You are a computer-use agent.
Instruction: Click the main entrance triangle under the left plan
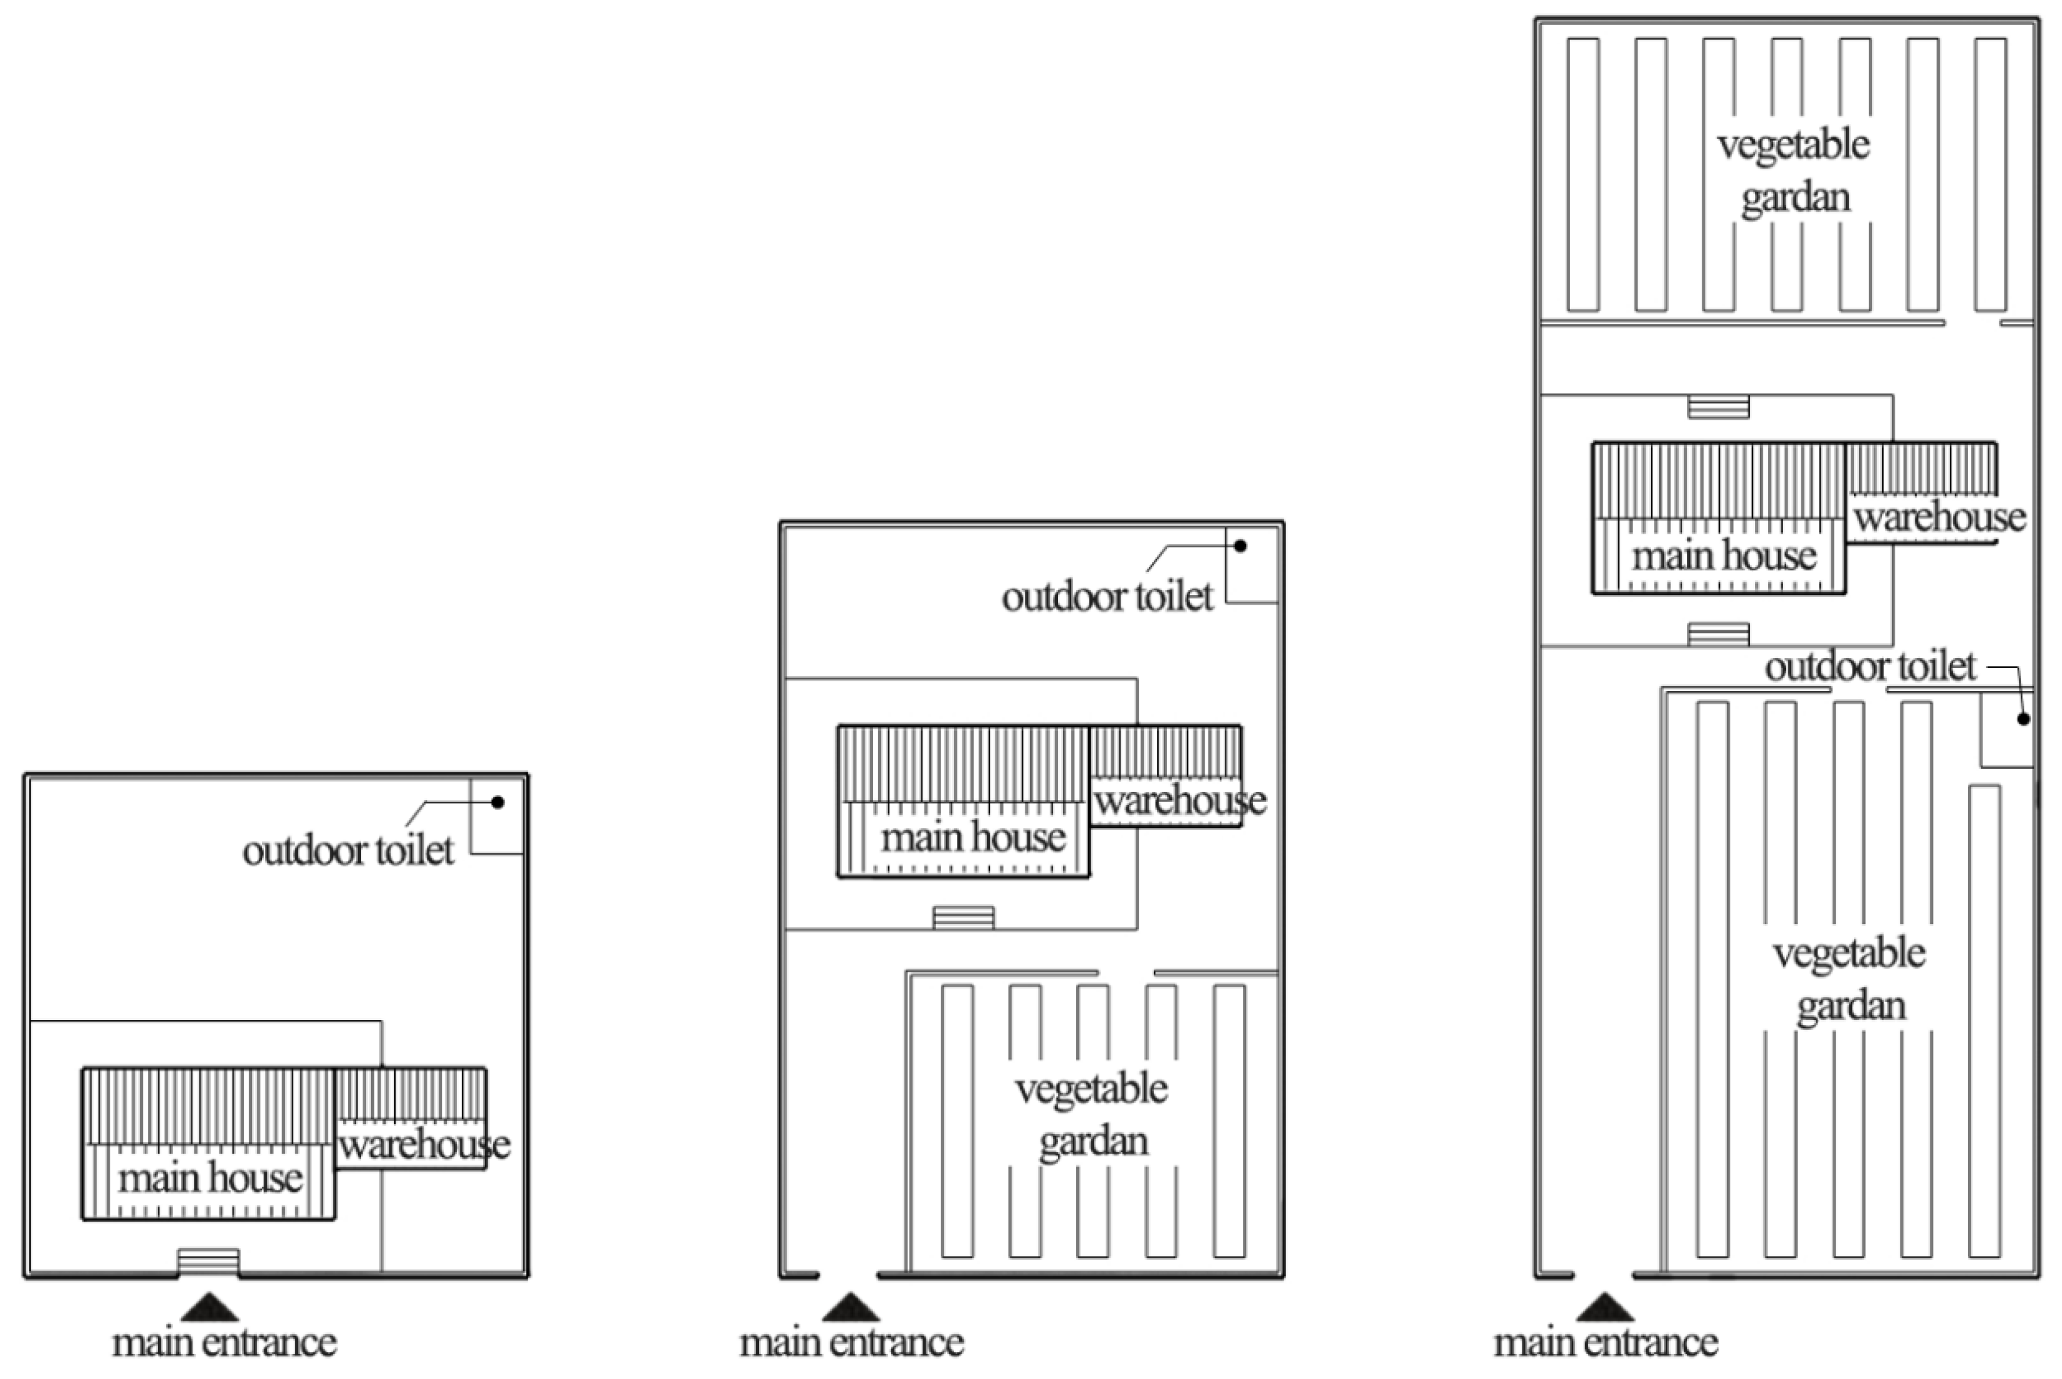pos(209,1309)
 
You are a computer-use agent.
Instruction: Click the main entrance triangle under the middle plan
pos(850,1309)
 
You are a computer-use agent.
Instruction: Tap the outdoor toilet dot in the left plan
pos(498,802)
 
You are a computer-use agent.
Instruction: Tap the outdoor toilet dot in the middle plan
pos(1240,546)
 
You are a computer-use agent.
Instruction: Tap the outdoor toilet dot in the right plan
pos(2023,719)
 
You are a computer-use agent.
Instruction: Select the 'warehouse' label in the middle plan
pos(1180,800)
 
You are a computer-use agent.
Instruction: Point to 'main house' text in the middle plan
pos(973,837)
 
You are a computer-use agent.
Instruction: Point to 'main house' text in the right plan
pos(1724,556)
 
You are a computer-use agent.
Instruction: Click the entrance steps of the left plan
pos(209,1261)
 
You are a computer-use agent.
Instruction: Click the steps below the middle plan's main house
pos(963,918)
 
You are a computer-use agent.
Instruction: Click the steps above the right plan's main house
pos(1718,407)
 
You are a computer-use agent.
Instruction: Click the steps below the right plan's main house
pos(1718,634)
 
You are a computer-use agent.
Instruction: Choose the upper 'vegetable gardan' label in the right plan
pos(1794,170)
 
